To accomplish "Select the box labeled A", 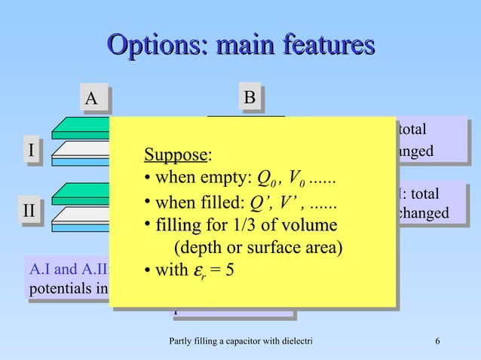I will pyautogui.click(x=91, y=99).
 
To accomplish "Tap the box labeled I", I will pyautogui.click(x=30, y=151).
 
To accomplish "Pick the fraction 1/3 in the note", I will pyautogui.click(x=245, y=225).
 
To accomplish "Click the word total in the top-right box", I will pyautogui.click(x=412, y=130).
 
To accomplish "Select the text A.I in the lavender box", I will pyautogui.click(x=38, y=269).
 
